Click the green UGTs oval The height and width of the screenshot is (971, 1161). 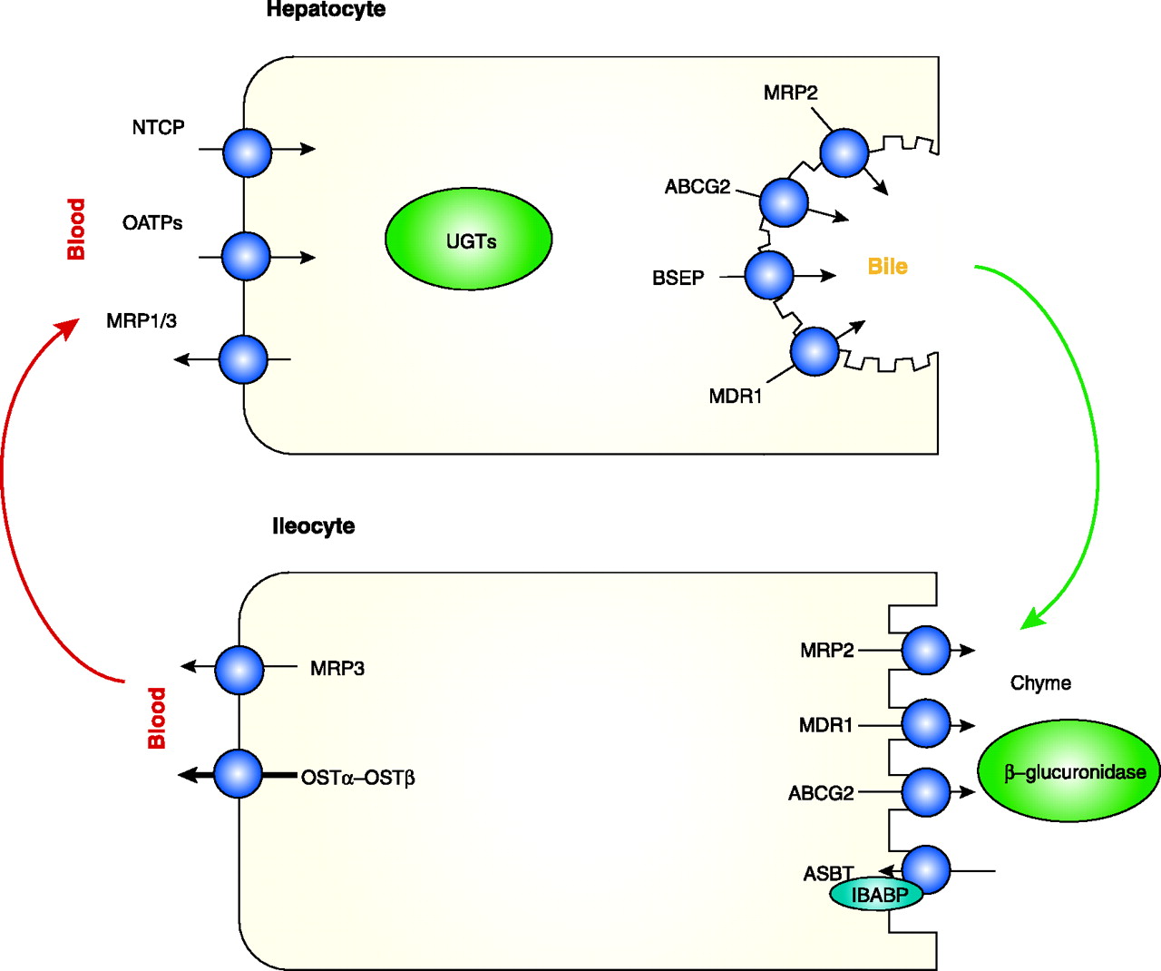469,240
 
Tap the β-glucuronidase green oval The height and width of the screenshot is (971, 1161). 1068,772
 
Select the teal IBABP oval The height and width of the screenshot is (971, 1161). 876,895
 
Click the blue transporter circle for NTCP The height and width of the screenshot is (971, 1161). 247,152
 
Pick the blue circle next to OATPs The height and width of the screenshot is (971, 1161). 246,256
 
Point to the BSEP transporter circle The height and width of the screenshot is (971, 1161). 769,275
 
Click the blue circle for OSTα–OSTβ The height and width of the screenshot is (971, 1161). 239,774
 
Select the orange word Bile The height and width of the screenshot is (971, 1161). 887,267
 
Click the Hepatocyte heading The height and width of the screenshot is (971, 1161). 326,10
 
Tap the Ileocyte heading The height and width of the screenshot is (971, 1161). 313,526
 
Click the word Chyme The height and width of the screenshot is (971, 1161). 1040,683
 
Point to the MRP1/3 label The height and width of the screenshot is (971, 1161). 141,320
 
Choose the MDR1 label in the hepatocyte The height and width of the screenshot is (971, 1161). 736,396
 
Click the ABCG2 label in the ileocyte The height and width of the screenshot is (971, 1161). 821,793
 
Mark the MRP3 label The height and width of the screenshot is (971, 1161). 337,669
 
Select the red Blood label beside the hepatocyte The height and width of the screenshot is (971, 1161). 76,230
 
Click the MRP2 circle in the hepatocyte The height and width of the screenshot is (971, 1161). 844,152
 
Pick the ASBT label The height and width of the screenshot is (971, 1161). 827,874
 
